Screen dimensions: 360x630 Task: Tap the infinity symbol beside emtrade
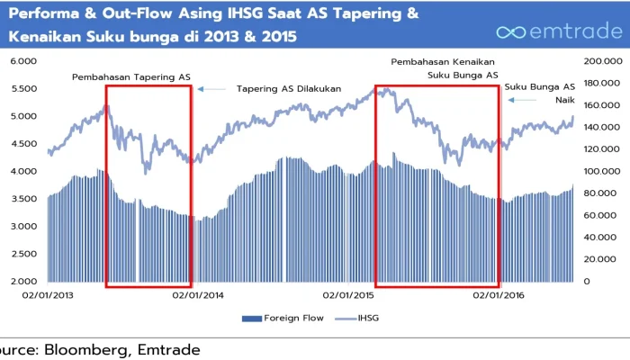pos(510,32)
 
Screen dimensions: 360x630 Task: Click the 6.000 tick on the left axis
pos(24,61)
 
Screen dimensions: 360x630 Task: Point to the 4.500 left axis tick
pos(24,144)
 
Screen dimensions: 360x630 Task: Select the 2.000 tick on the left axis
pos(24,282)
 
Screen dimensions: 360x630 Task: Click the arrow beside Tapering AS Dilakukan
pos(211,89)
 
